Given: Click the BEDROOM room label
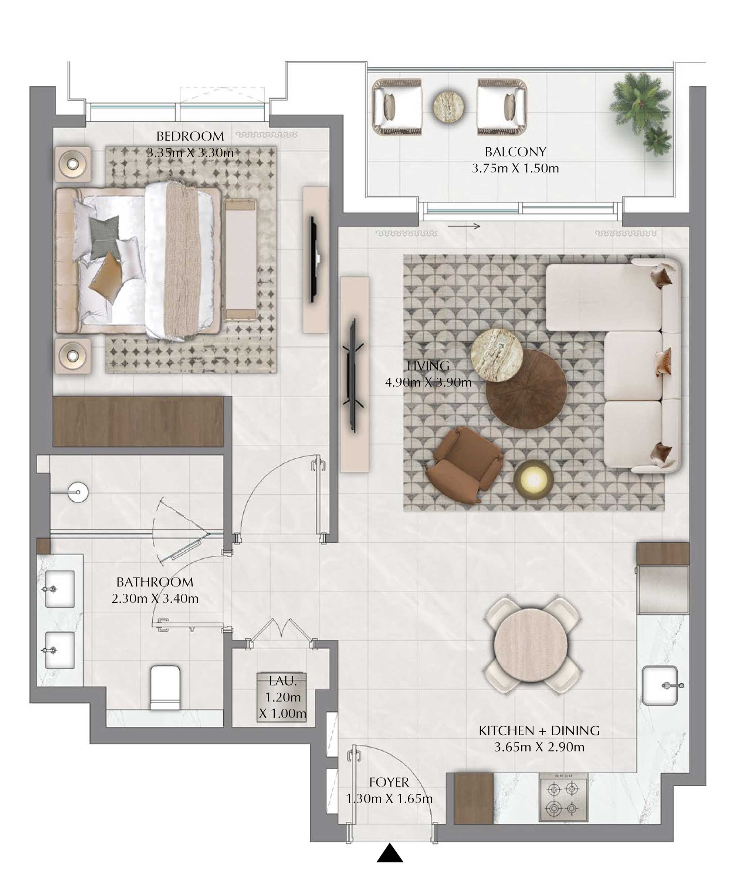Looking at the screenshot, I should coord(190,136).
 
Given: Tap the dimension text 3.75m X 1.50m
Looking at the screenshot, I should coord(515,168).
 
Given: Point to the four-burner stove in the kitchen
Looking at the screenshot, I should coord(563,798).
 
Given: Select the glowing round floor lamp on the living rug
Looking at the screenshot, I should coord(533,480).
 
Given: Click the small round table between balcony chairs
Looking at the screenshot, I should coord(449,106).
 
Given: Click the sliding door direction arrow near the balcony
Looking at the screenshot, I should coord(464,226).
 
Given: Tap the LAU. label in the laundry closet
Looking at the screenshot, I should coord(282,681).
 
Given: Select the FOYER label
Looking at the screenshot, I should coord(389,782).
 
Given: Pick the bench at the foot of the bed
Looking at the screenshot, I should coord(240,259).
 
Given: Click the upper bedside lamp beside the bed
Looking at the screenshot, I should coord(73,164).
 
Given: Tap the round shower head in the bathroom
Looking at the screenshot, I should coord(78,492).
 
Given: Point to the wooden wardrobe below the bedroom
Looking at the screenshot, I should coord(138,421).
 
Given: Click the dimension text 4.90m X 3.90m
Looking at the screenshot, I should coord(428,382).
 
